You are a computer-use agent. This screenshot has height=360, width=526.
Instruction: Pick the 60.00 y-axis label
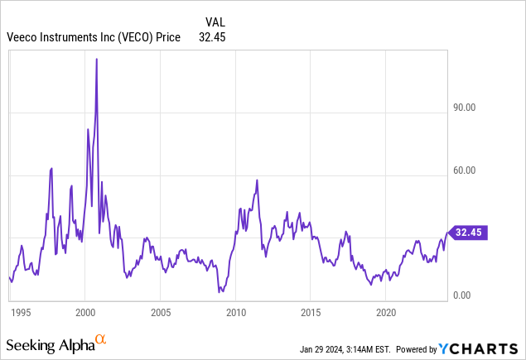coord(465,170)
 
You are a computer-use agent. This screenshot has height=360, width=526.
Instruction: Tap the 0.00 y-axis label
coord(465,295)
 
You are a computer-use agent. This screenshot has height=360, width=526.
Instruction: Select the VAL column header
coord(215,22)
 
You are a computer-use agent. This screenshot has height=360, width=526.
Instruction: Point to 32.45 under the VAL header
coord(213,36)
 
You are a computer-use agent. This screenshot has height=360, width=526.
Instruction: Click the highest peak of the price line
coord(97,60)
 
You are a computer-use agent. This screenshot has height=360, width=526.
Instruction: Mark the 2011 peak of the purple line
coord(257,180)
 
